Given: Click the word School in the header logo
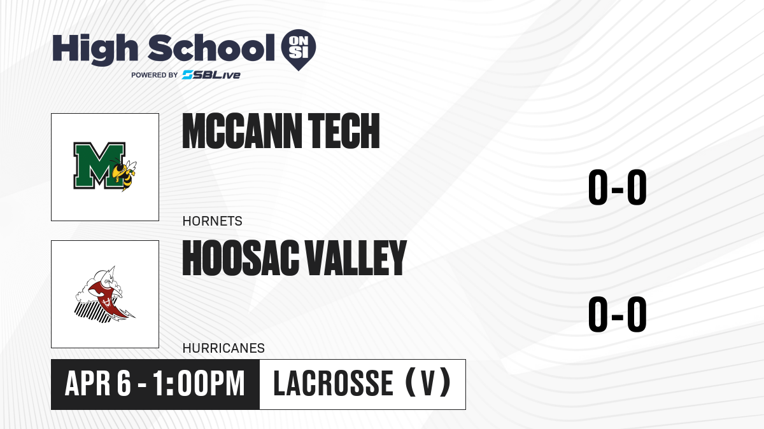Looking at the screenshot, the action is (211, 48).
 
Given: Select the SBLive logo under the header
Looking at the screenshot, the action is (211, 75).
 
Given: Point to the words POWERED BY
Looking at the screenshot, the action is (155, 75).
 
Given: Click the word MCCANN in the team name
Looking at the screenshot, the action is (242, 131).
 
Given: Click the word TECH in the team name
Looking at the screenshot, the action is (344, 131).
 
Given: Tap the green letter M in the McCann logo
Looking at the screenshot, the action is (99, 165).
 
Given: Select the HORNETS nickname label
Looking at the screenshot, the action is (212, 221).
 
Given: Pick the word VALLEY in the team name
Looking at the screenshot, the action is (355, 258).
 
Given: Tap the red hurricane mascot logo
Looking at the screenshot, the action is (105, 294).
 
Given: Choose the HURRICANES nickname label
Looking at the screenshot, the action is (223, 348).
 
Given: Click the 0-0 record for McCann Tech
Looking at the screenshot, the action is (618, 187).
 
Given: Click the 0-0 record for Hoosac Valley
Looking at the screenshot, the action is (618, 314).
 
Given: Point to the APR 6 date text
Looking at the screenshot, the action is (98, 384).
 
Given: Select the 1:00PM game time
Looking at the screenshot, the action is (199, 384).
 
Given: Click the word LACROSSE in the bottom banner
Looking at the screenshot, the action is (333, 384).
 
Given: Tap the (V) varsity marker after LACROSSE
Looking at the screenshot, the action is (428, 383).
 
